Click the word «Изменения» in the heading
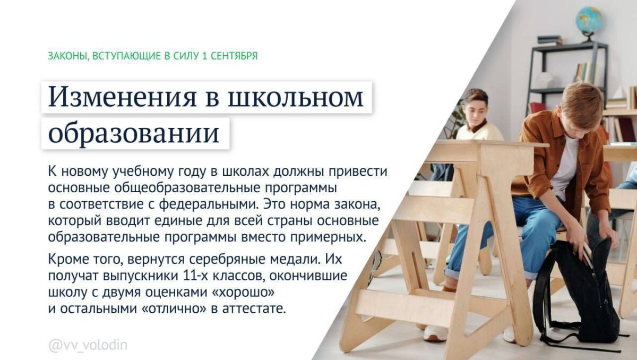(x=122, y=97)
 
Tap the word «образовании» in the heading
(x=134, y=133)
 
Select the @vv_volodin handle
(x=88, y=345)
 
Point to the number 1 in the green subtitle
(x=204, y=56)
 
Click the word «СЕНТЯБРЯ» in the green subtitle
(x=234, y=56)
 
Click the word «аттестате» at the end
(x=254, y=309)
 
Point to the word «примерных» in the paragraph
(x=328, y=237)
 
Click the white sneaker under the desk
(x=435, y=333)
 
